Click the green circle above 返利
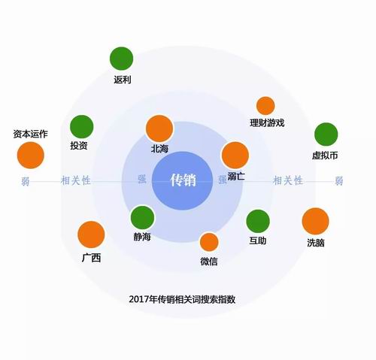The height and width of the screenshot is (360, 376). (121, 59)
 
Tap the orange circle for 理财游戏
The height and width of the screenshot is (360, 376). (265, 106)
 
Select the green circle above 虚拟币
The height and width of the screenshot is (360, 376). (326, 135)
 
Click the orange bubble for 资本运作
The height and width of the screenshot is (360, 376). (31, 155)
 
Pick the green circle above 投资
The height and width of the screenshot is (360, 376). (82, 127)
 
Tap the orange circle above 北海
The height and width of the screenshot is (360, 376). (159, 129)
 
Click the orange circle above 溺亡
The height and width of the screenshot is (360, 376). (235, 155)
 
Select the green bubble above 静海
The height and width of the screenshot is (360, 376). (142, 217)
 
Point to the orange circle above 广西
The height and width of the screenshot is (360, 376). (91, 234)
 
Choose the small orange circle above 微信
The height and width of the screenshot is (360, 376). (209, 242)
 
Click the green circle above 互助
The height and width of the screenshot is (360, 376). (258, 221)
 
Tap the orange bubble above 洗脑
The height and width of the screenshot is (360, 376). (315, 221)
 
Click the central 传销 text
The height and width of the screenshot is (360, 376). (183, 180)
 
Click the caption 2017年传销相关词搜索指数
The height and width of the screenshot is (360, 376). (182, 299)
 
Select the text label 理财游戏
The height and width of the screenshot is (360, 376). (267, 123)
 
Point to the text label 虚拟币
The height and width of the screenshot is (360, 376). (325, 156)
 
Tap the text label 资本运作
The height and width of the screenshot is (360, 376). (30, 134)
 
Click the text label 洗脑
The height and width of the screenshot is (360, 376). (316, 243)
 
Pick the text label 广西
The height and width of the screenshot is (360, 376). (91, 258)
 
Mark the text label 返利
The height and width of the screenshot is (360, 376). (123, 80)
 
